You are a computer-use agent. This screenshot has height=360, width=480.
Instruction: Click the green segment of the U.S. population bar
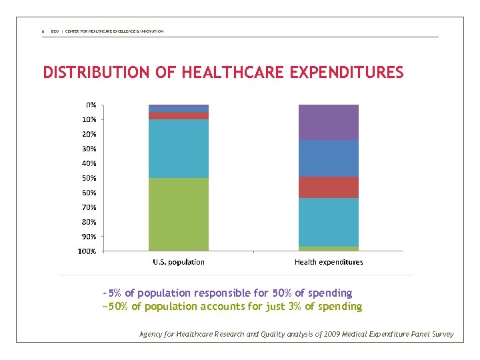coord(179,214)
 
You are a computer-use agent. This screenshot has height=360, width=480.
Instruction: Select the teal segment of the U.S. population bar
coord(179,148)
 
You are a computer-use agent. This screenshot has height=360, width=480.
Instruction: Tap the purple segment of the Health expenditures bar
coord(328,122)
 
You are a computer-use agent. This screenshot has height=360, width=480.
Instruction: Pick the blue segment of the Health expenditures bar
coord(328,158)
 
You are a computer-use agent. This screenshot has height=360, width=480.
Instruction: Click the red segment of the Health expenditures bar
coord(328,187)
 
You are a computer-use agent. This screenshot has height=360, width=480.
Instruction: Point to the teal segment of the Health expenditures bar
coord(328,222)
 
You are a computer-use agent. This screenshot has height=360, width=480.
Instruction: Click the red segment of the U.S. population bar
coord(179,115)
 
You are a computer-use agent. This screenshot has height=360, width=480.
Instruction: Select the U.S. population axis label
coord(179,262)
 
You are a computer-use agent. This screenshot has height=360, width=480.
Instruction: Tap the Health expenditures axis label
coord(329,262)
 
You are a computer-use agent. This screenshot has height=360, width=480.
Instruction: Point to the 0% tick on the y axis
coord(91,105)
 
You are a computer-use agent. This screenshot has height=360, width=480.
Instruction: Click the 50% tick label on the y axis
coord(89,178)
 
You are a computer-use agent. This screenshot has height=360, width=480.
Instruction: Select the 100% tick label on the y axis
coord(87,251)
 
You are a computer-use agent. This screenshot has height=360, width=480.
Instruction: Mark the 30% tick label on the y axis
coord(89,149)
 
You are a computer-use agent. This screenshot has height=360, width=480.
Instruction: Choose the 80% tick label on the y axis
coord(89,222)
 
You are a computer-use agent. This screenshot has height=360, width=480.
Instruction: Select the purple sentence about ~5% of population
coord(227,293)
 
